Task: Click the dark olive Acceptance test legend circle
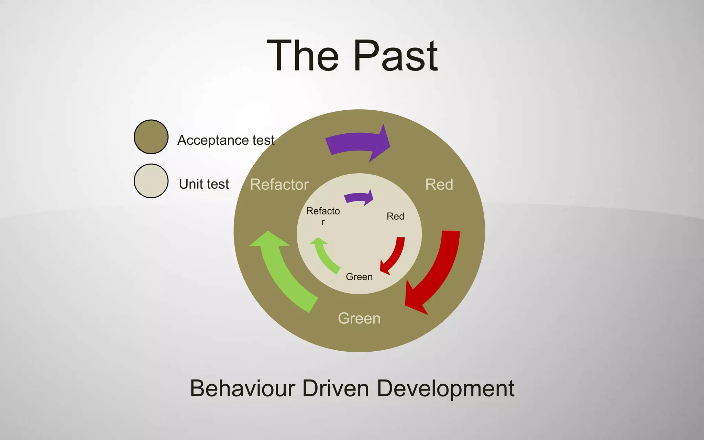(151, 137)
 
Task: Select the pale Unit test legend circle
(151, 181)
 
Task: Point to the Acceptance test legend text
(226, 140)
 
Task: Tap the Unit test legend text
(204, 184)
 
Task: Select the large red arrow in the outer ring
(438, 272)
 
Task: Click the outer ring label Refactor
(279, 185)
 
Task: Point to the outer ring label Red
(439, 185)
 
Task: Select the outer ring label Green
(359, 318)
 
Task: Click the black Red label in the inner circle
(395, 216)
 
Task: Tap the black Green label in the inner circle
(359, 277)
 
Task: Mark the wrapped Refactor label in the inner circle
(323, 215)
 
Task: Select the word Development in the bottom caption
(445, 388)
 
